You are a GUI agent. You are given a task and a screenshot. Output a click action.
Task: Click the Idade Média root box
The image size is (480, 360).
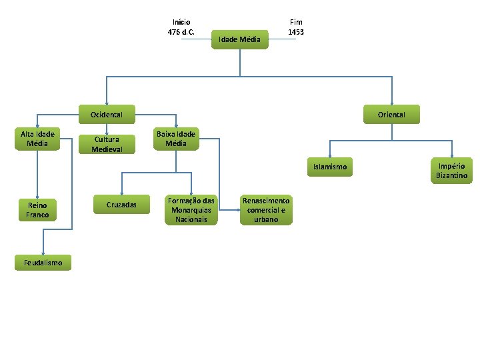pyautogui.click(x=240, y=39)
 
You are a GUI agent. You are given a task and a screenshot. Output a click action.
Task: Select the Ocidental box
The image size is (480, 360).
pyautogui.click(x=107, y=115)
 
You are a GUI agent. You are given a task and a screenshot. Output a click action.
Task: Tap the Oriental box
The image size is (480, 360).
pyautogui.click(x=391, y=115)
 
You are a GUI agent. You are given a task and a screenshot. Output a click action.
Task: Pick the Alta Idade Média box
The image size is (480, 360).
pyautogui.click(x=37, y=139)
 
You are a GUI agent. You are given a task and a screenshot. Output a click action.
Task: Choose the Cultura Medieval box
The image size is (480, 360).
pyautogui.click(x=107, y=144)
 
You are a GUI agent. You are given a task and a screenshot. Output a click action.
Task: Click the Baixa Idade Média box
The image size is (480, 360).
pyautogui.click(x=176, y=139)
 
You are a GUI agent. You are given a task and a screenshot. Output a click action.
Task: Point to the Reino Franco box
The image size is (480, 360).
pyautogui.click(x=37, y=210)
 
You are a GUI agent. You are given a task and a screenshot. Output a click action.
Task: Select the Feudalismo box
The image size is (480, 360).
pyautogui.click(x=43, y=263)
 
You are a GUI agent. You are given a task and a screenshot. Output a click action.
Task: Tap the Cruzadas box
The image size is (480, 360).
pyautogui.click(x=121, y=205)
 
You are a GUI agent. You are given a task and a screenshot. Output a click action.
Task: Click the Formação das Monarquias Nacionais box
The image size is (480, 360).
pyautogui.click(x=191, y=210)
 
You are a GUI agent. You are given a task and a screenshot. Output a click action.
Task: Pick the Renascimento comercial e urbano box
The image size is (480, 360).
pyautogui.click(x=266, y=210)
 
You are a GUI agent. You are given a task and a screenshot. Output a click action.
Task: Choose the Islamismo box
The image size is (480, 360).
pyautogui.click(x=330, y=167)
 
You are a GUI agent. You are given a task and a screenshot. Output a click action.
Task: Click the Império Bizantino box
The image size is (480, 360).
pyautogui.click(x=451, y=171)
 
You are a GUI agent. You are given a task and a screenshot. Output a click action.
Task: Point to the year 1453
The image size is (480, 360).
pyautogui.click(x=296, y=32)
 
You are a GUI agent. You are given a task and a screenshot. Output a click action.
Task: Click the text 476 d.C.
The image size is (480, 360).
pyautogui.click(x=181, y=32)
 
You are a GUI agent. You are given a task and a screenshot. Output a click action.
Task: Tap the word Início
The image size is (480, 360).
pyautogui.click(x=181, y=22)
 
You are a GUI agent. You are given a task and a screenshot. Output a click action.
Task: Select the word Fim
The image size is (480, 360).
pyautogui.click(x=296, y=22)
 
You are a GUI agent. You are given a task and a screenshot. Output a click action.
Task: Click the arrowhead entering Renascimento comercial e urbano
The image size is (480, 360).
pyautogui.click(x=239, y=210)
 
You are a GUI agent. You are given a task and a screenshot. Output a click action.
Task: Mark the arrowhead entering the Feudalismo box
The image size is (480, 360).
pyautogui.click(x=43, y=253)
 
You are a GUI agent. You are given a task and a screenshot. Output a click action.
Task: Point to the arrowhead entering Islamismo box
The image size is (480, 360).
pyautogui.click(x=330, y=156)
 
